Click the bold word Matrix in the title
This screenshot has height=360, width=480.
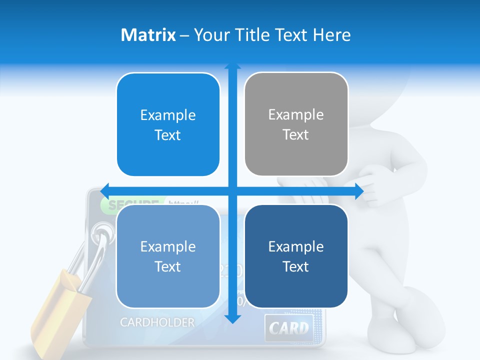coord(148,35)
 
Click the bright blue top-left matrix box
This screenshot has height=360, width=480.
coord(168,124)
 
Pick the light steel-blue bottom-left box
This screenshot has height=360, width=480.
coord(168,256)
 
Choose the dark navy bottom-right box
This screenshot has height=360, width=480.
coord(296,256)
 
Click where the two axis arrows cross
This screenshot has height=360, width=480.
coord(232,191)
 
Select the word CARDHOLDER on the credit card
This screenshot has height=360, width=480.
coord(157,322)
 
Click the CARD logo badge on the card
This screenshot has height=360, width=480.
coord(289,328)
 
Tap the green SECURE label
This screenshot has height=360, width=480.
coord(130,204)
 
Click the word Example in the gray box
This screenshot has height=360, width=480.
coord(296,115)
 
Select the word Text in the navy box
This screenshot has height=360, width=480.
coord(296,267)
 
